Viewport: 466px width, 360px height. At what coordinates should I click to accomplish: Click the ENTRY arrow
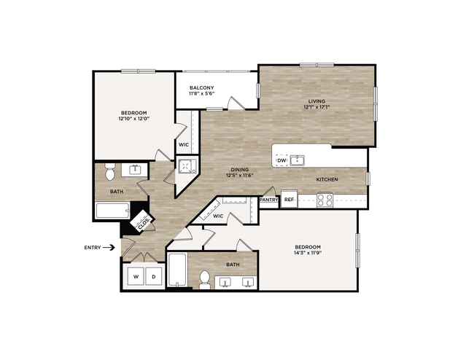tap(109, 248)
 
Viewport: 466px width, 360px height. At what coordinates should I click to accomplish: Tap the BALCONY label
tap(202, 87)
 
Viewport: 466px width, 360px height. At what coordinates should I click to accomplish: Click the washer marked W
tap(136, 276)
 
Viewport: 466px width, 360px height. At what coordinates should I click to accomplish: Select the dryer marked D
tap(154, 276)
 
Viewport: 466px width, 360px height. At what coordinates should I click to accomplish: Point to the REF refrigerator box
tap(289, 199)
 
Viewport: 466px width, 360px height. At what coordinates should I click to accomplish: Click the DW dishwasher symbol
tap(281, 160)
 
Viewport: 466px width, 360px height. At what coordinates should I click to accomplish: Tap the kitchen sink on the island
tap(298, 160)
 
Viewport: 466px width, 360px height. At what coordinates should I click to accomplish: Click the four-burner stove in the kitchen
tap(325, 200)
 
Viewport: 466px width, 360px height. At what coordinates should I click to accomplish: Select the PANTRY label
tap(268, 200)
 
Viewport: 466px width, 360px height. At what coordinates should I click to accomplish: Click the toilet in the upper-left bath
tap(110, 171)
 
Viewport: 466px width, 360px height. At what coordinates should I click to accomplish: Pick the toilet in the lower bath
tap(205, 280)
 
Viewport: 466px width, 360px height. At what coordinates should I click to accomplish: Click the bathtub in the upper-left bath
tap(113, 211)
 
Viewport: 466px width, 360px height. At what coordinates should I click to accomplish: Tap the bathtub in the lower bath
tap(177, 270)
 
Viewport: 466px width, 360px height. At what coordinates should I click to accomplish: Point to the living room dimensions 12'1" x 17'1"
tap(317, 107)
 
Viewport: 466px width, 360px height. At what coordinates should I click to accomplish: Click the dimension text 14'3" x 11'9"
tap(308, 253)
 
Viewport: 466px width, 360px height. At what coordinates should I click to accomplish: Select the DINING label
tap(239, 170)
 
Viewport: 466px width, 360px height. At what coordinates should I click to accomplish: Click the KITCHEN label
tap(327, 180)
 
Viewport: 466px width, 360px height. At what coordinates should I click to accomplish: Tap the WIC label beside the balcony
tap(184, 145)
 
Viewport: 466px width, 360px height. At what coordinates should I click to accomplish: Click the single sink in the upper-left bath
tap(136, 170)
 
